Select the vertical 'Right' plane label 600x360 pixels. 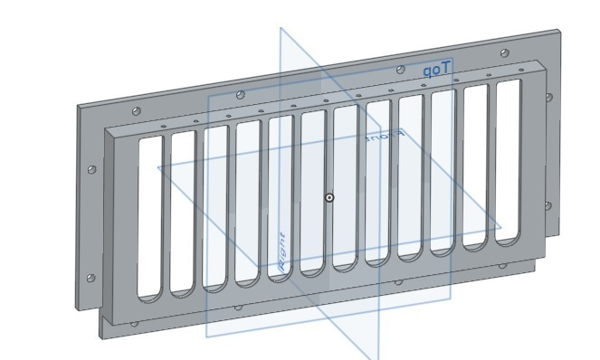[x=283, y=251]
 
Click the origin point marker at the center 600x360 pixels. [x=329, y=197]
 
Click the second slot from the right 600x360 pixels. [x=476, y=166]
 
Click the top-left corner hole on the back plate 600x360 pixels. [x=136, y=111]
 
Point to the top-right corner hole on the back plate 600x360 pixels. [x=503, y=54]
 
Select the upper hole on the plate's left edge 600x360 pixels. [x=91, y=169]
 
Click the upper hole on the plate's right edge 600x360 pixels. [x=548, y=97]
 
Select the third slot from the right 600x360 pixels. [x=443, y=171]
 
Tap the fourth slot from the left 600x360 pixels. [x=248, y=202]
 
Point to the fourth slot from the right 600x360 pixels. [x=411, y=176]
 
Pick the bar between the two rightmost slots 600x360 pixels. [x=491, y=164]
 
